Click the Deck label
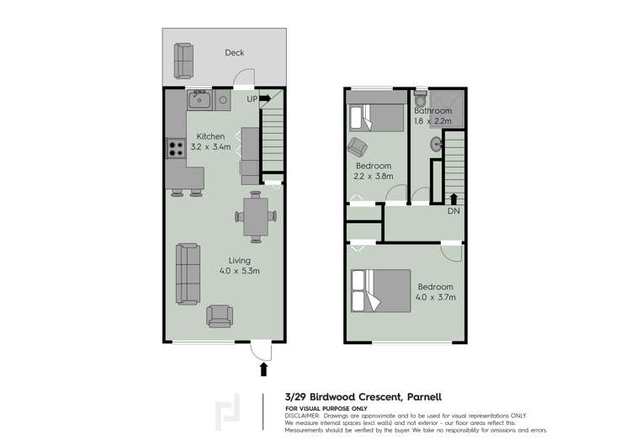(x=234, y=53)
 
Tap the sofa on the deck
(x=183, y=60)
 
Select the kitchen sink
(x=199, y=101)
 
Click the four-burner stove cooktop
(x=177, y=149)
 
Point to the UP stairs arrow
(x=264, y=98)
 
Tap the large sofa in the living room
(x=187, y=273)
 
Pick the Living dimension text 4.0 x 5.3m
(x=239, y=271)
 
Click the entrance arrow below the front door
(x=264, y=369)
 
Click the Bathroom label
(x=433, y=111)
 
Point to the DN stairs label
(x=453, y=211)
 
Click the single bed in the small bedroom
(x=376, y=117)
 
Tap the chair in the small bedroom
(x=357, y=145)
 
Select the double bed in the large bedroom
(x=380, y=290)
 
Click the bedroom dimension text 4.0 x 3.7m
(x=436, y=297)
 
